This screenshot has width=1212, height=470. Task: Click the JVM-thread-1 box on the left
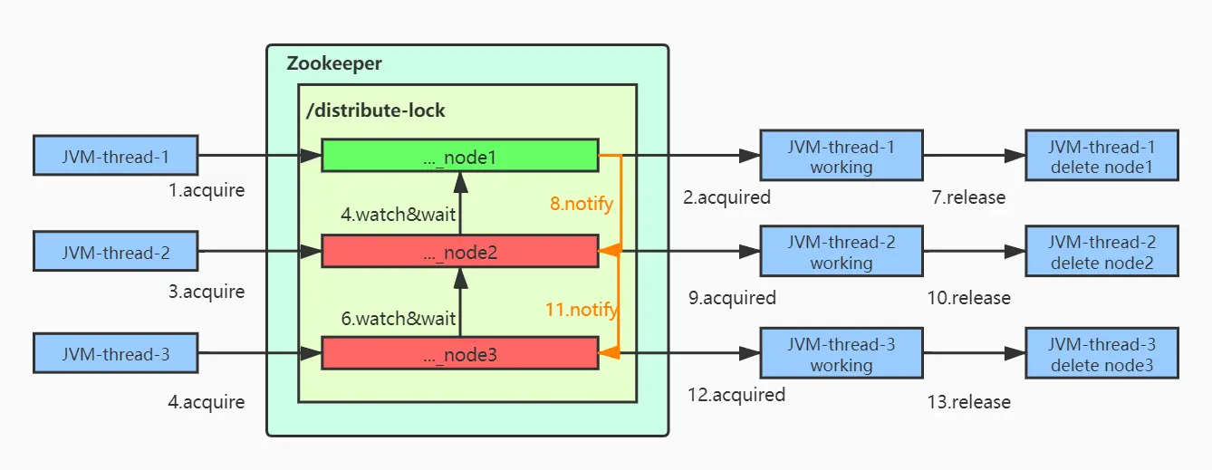pos(115,156)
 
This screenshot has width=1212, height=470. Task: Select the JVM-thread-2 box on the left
pos(115,252)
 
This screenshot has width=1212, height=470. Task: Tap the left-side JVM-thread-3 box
pos(115,354)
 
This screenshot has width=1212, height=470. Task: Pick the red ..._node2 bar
pos(459,252)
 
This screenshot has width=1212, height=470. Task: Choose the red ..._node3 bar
pos(459,354)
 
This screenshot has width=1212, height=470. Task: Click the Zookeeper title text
pos(334,64)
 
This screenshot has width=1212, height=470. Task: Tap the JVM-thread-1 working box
pos(841,156)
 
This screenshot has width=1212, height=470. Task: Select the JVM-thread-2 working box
pos(841,252)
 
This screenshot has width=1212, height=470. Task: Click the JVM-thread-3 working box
pos(841,354)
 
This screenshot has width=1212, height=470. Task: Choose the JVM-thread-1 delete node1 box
pos(1101,156)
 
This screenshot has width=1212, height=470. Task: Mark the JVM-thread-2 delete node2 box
pos(1101,252)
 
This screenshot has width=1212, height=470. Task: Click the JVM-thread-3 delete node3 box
pos(1101,354)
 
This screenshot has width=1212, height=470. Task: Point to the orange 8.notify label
pos(582,204)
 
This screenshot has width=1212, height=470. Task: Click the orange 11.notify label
pos(582,310)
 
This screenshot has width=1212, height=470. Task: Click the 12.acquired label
pos(736,394)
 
